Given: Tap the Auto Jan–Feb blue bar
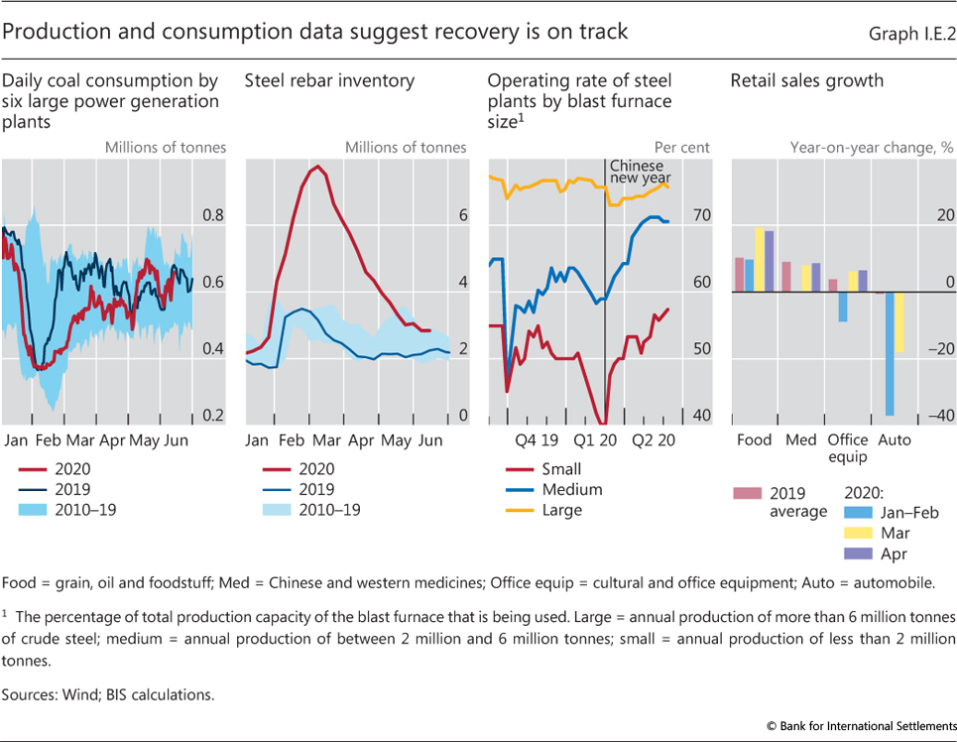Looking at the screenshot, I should [890, 353].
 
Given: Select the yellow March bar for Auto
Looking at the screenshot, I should [899, 322].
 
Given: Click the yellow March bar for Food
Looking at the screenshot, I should [759, 260].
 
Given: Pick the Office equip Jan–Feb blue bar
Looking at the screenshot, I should [843, 307].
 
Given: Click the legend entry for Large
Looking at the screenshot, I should [563, 510].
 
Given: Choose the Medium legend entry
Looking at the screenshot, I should [570, 489].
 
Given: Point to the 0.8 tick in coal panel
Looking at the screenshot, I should [213, 216].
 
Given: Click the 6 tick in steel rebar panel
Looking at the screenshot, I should [462, 216].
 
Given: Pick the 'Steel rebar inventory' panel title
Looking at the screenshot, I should [329, 80].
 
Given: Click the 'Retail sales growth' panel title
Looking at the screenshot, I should [808, 80].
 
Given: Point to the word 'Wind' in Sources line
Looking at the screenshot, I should [91, 694].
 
